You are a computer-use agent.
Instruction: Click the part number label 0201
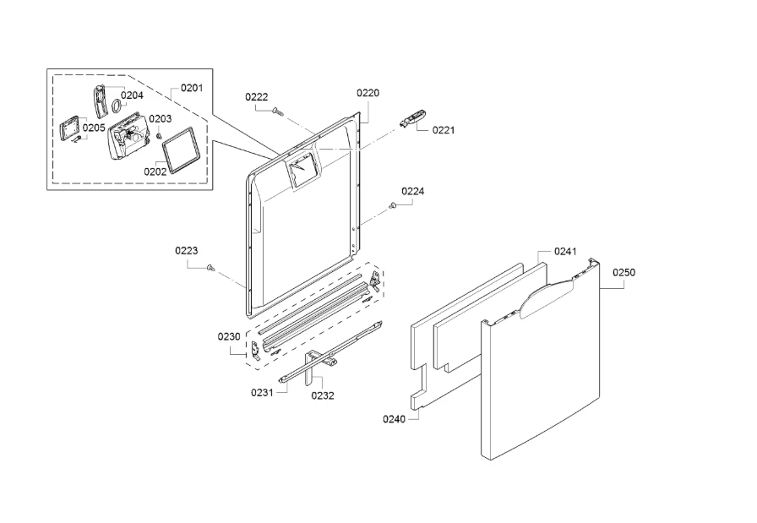pos(192,88)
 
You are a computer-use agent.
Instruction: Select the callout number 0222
pos(256,97)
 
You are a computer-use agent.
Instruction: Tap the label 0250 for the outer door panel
pos(624,272)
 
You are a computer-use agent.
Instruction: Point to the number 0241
pos(565,251)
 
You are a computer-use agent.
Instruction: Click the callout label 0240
pos(394,419)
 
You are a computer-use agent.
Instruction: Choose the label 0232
pos(323,395)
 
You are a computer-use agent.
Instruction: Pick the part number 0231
pos(262,393)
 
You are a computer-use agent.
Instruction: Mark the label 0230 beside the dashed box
pos(229,336)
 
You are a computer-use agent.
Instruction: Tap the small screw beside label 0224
pos(392,206)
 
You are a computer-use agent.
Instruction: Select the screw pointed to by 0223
pos(210,267)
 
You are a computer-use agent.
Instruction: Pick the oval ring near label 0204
pos(117,106)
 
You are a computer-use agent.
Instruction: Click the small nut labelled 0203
pos(158,135)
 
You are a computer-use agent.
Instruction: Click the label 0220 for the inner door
pos(368,93)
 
